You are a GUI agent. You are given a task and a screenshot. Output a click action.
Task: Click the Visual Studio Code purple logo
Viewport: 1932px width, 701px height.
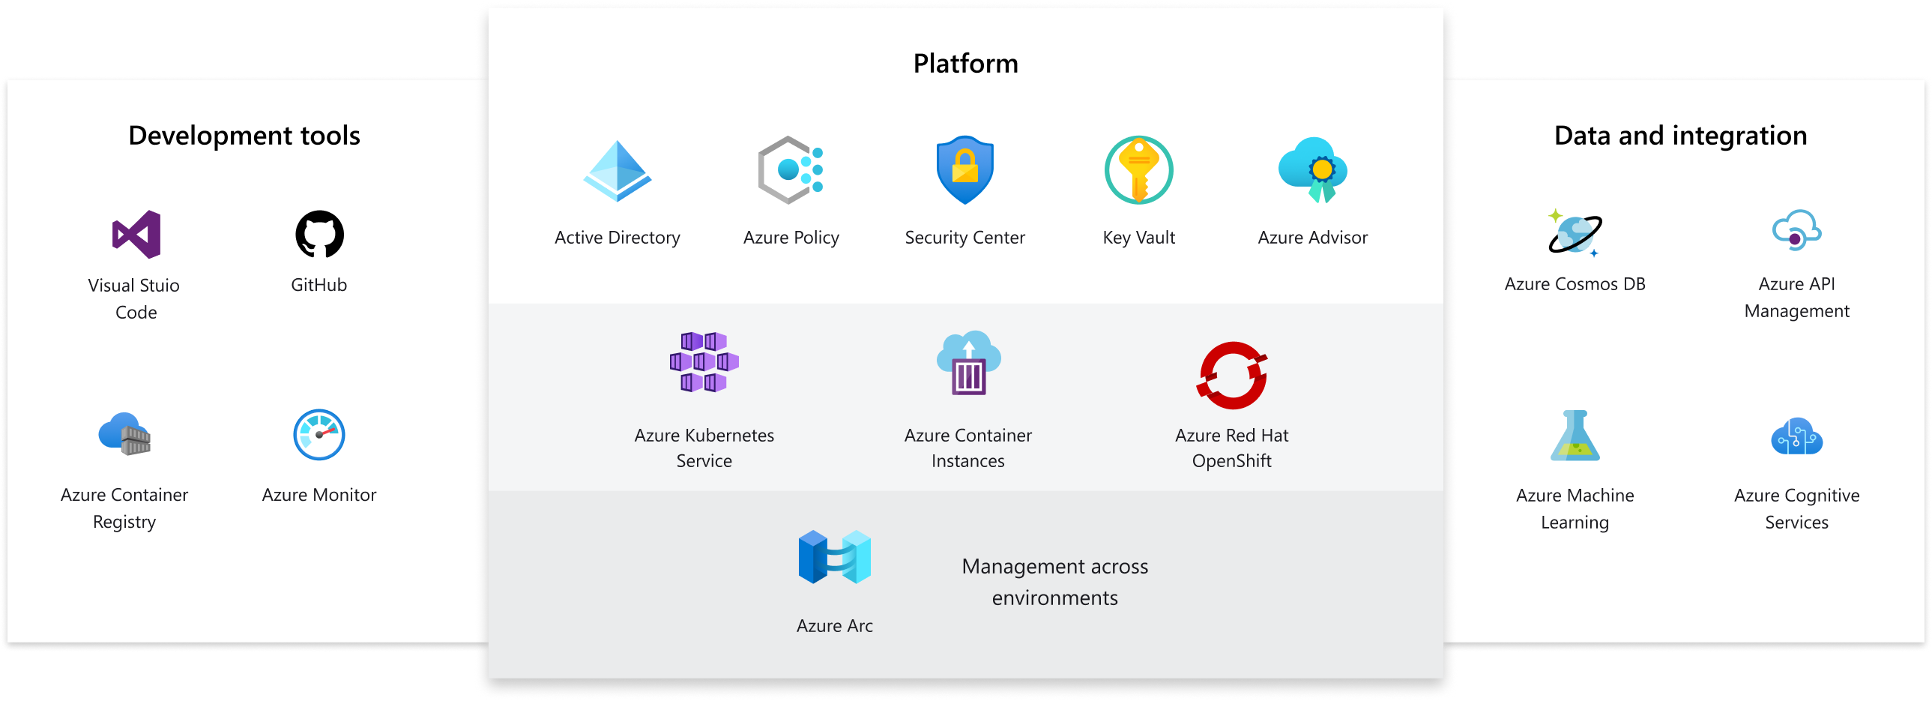tap(136, 234)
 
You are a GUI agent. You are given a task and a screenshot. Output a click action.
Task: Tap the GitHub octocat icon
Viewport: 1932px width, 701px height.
tap(319, 234)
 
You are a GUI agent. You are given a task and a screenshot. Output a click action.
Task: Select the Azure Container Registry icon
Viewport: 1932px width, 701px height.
tap(124, 435)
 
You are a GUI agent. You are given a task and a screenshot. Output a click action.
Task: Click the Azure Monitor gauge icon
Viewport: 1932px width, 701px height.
tap(319, 435)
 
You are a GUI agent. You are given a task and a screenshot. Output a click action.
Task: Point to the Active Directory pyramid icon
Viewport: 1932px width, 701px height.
tap(618, 172)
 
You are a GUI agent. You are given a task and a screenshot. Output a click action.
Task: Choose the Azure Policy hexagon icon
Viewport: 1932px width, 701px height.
tap(791, 170)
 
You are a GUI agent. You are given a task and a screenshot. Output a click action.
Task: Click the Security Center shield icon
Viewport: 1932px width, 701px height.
tap(965, 170)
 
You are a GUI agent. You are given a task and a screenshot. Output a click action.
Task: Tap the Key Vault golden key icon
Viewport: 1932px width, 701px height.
tap(1138, 170)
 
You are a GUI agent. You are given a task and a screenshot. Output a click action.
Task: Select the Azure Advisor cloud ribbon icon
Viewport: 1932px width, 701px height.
tap(1312, 170)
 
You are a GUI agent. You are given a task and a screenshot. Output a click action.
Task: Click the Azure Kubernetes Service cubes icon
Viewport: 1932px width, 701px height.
tap(704, 363)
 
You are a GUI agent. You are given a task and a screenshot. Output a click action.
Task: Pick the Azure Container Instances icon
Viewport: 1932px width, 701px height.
tap(968, 364)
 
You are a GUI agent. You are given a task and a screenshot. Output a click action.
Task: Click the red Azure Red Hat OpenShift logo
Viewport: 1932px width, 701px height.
tap(1232, 376)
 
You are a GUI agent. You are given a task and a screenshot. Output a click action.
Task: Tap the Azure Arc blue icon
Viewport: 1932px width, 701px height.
tap(835, 557)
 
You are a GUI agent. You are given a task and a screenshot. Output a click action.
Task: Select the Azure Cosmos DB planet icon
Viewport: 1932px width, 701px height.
tap(1575, 233)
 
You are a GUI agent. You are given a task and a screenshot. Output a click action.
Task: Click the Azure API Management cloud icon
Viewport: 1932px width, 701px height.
tap(1796, 231)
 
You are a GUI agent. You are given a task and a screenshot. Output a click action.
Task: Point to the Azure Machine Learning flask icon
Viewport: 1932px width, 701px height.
tap(1575, 436)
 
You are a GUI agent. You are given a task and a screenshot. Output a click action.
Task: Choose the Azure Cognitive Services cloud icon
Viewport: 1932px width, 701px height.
tap(1796, 437)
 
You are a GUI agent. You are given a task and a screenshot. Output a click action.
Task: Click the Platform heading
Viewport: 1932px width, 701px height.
tap(965, 64)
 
